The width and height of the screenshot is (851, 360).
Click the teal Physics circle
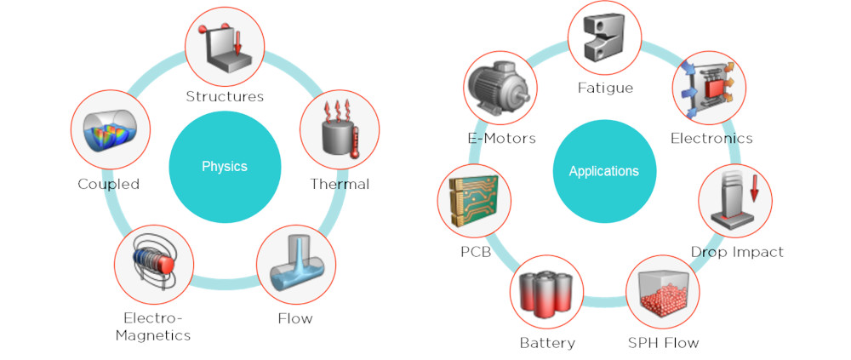tap(226, 167)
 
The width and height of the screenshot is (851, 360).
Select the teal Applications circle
tap(603, 172)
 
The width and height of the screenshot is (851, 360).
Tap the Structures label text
tap(225, 97)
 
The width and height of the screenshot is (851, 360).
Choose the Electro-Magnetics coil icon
tap(153, 264)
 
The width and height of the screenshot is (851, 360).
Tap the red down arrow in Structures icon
tap(237, 43)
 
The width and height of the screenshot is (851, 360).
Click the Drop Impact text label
tap(737, 252)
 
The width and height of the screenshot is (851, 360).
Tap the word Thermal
tap(340, 184)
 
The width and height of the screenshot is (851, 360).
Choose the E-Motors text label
tap(501, 138)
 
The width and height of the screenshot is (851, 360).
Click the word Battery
tap(547, 343)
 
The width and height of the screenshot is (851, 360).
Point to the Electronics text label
tap(711, 138)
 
